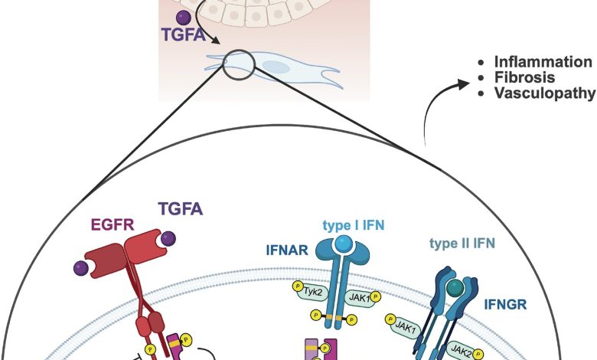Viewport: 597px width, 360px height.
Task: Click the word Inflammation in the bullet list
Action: pos(543,62)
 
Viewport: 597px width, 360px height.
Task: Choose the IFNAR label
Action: pos(282,248)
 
